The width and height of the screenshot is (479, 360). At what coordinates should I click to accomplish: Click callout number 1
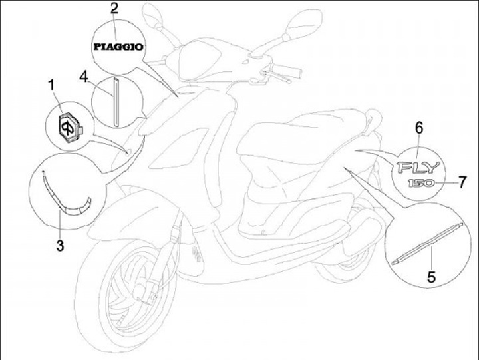(x=52, y=85)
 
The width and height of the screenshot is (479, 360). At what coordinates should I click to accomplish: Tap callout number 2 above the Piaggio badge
(x=114, y=8)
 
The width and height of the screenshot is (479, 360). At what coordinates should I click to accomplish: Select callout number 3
(x=60, y=245)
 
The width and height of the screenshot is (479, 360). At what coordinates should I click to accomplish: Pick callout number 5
(x=431, y=277)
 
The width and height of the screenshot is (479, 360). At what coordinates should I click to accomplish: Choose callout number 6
(x=419, y=128)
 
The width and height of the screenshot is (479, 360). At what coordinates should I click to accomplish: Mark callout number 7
(x=462, y=182)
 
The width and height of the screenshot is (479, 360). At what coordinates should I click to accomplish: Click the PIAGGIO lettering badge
(x=118, y=47)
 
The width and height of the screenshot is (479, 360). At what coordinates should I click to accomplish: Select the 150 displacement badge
(x=421, y=184)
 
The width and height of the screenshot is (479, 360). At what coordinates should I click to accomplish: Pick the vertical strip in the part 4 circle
(x=116, y=101)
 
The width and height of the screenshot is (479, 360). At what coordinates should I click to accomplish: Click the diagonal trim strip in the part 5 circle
(x=427, y=244)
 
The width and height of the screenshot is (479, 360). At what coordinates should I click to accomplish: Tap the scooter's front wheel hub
(x=143, y=291)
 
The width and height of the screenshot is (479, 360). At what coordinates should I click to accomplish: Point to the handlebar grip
(x=287, y=71)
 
